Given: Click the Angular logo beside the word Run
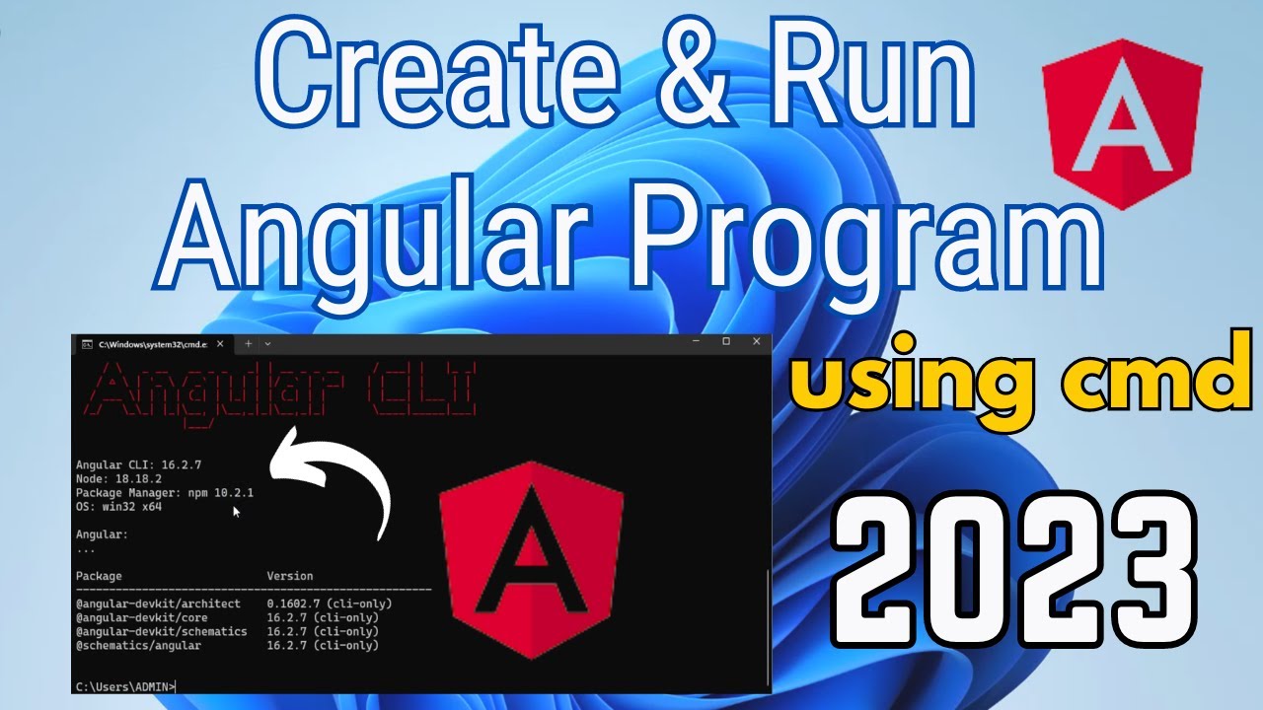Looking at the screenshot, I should (1122, 123).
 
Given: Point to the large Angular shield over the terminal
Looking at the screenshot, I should (531, 558).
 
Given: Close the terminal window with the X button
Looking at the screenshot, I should (757, 341).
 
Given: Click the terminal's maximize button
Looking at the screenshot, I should (726, 341).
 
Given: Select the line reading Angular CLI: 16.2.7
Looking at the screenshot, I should (138, 464).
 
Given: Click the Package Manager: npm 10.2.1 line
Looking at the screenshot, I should (165, 492).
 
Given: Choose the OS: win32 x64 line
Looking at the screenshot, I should (118, 506).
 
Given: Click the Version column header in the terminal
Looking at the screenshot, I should (289, 576).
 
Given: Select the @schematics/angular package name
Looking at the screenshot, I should (138, 645).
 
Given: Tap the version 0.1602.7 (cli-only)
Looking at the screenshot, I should (329, 603).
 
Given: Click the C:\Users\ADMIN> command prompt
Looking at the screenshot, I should (125, 686).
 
